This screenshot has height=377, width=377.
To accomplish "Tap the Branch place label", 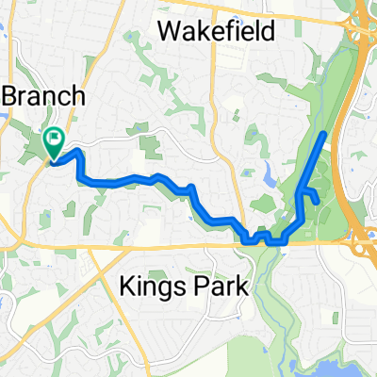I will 46,96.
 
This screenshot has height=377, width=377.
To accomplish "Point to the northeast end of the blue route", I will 326,135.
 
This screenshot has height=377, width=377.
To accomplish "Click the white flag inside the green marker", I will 54,142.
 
